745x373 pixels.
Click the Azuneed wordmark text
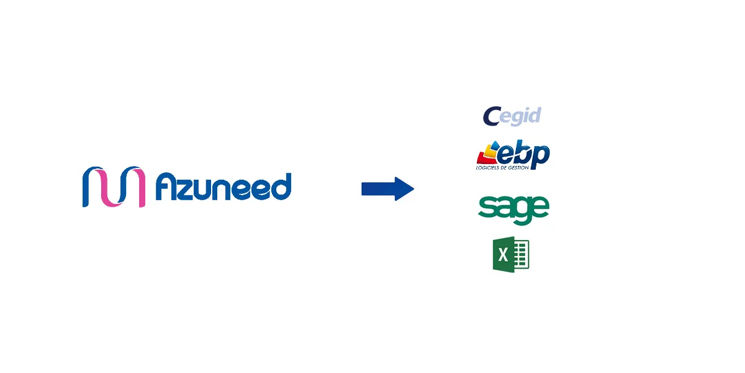tap(223, 186)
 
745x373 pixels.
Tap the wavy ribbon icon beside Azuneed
tap(114, 186)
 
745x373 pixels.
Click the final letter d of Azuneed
tap(281, 186)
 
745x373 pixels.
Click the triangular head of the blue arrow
tap(404, 189)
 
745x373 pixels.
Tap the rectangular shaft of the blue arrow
tap(379, 189)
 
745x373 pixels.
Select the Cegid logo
tap(512, 116)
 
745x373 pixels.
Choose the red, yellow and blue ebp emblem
tap(488, 152)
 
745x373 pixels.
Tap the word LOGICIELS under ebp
tap(487, 167)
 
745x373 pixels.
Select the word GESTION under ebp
tap(518, 167)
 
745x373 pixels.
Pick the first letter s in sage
tap(486, 207)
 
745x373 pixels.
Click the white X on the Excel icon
tap(503, 255)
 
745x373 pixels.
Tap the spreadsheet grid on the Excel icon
tap(521, 254)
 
